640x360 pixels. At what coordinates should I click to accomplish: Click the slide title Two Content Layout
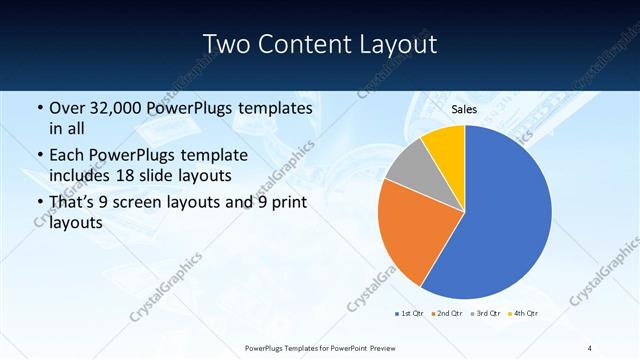319,44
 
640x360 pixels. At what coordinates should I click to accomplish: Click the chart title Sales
464,110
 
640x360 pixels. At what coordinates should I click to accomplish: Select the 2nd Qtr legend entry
447,314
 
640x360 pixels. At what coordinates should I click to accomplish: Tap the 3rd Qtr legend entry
485,314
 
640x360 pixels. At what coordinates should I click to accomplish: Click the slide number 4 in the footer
590,347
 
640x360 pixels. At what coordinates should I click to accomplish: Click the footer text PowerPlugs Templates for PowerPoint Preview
319,347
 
